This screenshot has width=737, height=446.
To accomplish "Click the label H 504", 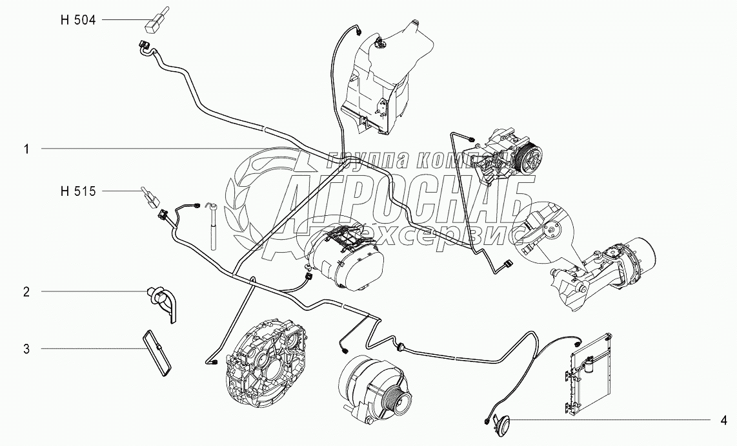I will [77, 21].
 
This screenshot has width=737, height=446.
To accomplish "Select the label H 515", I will [77, 191].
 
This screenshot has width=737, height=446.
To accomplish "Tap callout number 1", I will [26, 149].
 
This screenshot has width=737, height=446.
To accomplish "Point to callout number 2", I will [26, 292].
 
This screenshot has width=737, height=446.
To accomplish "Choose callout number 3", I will [26, 349].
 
